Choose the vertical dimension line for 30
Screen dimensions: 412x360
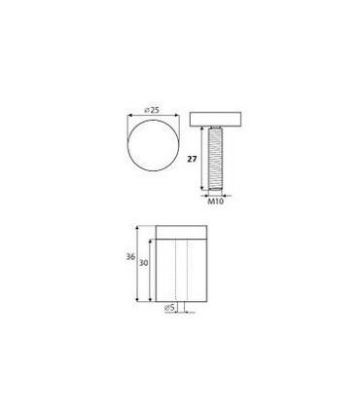(151, 273)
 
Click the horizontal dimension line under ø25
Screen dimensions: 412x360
(153, 113)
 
